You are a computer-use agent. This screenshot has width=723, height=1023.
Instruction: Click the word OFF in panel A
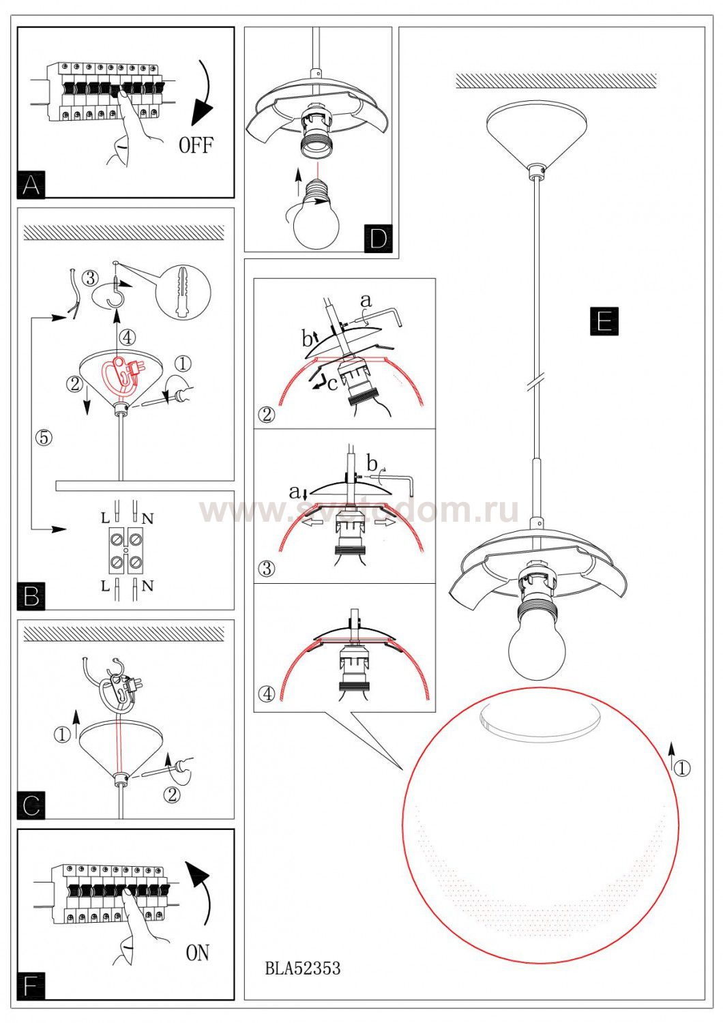click(x=196, y=145)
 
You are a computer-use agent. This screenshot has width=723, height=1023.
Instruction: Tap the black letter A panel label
click(x=31, y=185)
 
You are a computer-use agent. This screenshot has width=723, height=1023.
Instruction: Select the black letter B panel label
click(x=31, y=596)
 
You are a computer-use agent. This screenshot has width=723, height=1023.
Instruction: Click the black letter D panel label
click(x=379, y=239)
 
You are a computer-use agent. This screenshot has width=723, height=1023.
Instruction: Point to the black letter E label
click(x=604, y=321)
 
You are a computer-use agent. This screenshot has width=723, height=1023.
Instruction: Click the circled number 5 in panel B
click(x=44, y=438)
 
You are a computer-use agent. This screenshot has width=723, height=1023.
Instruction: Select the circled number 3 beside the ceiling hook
click(x=90, y=277)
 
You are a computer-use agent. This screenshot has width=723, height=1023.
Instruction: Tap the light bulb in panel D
click(x=315, y=214)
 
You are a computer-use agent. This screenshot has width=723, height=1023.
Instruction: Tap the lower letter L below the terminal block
click(x=105, y=586)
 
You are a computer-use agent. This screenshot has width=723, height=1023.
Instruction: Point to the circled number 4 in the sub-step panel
click(x=267, y=694)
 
